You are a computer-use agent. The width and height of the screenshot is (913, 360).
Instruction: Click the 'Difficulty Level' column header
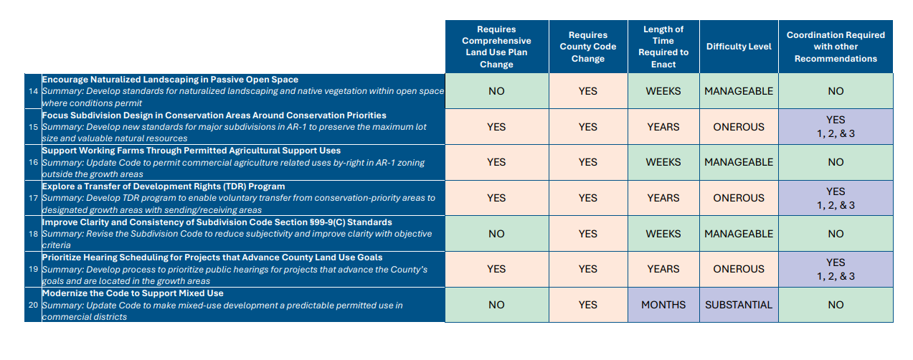point(739,47)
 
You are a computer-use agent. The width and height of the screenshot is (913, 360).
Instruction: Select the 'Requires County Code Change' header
point(587,47)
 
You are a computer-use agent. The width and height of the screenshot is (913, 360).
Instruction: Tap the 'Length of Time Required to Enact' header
point(663,47)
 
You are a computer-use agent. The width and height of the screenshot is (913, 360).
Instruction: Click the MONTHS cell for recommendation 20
point(663,305)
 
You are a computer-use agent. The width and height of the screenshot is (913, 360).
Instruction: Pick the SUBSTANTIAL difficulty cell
point(739,305)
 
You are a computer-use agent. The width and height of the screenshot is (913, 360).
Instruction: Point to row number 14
point(33,91)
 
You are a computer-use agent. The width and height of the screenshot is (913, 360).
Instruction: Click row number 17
point(33,198)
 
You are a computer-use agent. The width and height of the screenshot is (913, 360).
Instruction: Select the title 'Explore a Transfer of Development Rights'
point(164,186)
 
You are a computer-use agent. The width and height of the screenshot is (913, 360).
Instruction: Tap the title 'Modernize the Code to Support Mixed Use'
point(133,293)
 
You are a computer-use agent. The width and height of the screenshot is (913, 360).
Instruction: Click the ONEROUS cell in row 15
point(739,127)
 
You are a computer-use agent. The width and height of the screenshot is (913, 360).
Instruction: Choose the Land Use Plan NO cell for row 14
point(496,91)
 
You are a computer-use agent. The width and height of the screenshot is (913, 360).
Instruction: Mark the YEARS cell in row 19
point(663,269)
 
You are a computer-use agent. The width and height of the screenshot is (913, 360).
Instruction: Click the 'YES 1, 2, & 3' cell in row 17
point(836,198)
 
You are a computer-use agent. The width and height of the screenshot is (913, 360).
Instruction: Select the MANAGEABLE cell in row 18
point(739,234)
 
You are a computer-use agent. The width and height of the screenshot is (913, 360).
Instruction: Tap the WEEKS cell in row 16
point(663,162)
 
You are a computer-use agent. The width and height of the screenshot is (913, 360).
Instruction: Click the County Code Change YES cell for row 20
point(587,305)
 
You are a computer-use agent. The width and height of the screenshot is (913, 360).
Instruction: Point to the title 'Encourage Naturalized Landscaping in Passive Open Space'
point(170,80)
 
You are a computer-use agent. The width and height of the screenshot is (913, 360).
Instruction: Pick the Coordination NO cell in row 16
point(836,162)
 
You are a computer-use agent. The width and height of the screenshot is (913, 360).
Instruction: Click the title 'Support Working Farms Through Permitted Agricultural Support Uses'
point(191,151)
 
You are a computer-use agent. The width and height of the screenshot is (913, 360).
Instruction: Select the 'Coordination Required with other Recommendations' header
point(836,47)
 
